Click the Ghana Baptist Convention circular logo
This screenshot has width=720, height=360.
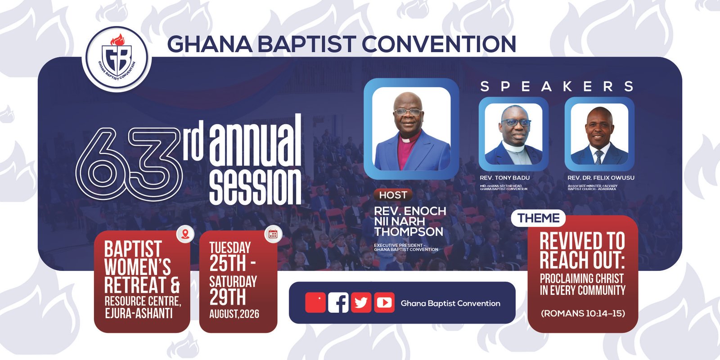click(x=117, y=59)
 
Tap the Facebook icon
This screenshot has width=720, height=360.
click(x=338, y=302)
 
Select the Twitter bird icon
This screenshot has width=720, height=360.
click(x=361, y=302)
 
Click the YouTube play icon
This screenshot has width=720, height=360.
click(x=384, y=302)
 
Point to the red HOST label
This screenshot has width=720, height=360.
click(x=393, y=195)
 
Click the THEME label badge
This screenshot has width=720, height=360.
click(x=538, y=218)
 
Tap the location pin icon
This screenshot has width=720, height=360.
click(x=185, y=234)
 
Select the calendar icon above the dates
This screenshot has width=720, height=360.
click(x=273, y=234)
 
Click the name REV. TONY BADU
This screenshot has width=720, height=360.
click(x=504, y=178)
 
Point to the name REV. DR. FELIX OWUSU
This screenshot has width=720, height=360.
click(x=601, y=178)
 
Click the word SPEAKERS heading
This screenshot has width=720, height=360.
click(x=557, y=86)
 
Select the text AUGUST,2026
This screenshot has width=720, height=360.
click(x=234, y=314)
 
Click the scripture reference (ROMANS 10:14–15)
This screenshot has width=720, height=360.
click(x=583, y=313)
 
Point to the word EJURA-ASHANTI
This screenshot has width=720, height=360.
click(x=139, y=313)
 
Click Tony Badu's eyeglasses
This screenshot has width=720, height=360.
click(x=516, y=122)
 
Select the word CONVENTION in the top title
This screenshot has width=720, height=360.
click(x=441, y=44)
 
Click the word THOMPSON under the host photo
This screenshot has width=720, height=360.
click(x=409, y=231)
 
